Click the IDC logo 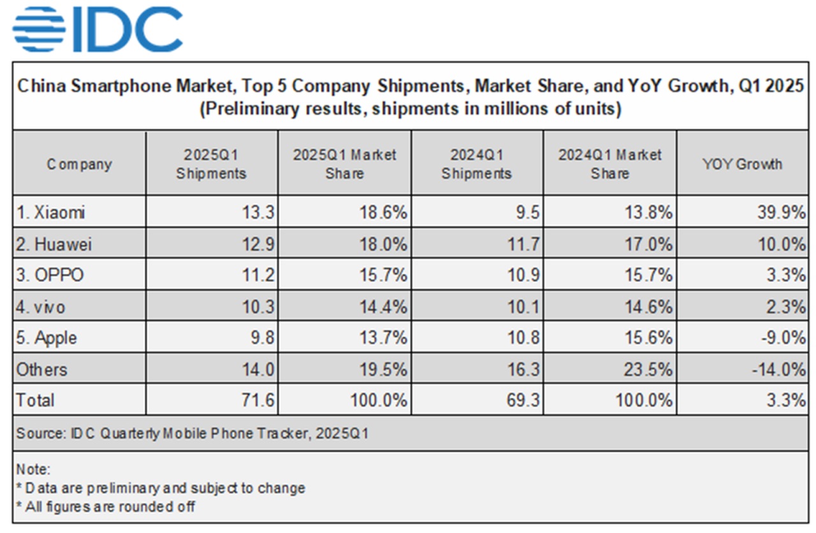click(97, 29)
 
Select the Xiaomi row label click(50, 212)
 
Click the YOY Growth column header click(742, 164)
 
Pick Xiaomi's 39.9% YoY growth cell click(782, 212)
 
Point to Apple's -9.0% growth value click(785, 338)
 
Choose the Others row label click(42, 369)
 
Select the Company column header click(79, 164)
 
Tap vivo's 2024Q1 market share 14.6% click(650, 307)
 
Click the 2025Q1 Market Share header click(344, 164)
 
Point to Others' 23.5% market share click(650, 369)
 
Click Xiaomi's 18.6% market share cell click(384, 212)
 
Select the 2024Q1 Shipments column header click(476, 164)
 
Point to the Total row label click(36, 400)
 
